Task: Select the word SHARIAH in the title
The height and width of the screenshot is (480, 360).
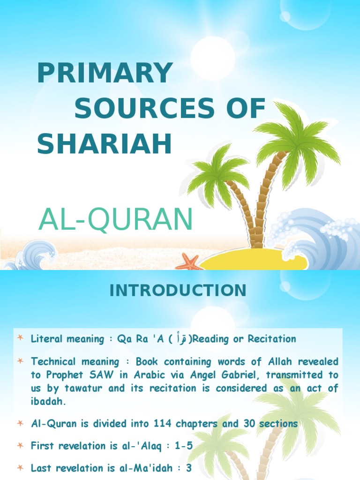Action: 105,144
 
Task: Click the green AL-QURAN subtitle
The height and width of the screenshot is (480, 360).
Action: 116,219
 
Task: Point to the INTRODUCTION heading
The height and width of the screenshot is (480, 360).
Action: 178,291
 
